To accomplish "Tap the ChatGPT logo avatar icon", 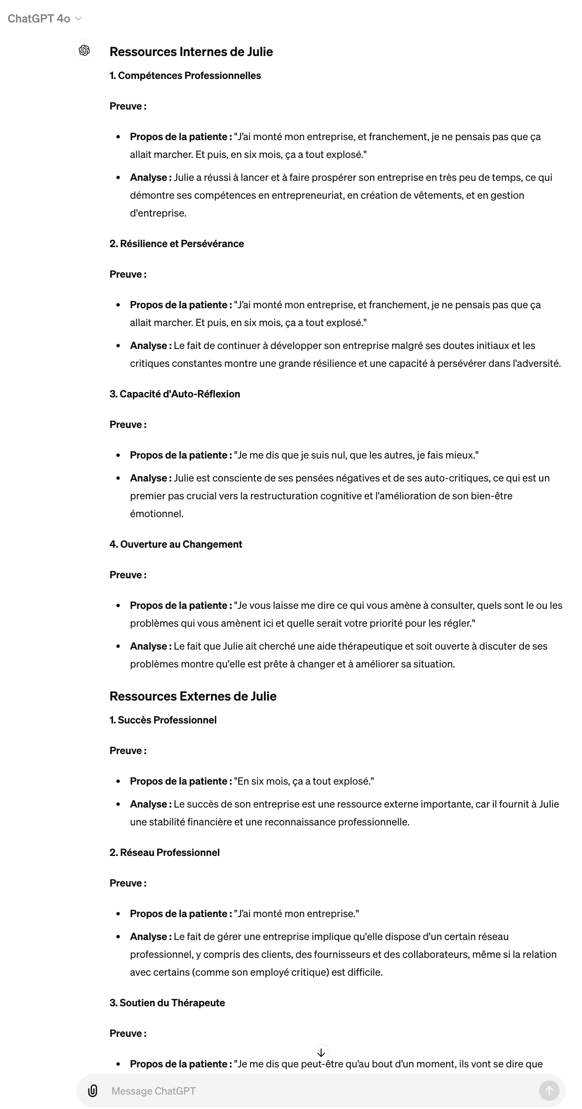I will [x=85, y=51].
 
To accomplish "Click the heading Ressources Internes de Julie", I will [x=191, y=52].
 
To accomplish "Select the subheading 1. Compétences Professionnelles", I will [x=185, y=75].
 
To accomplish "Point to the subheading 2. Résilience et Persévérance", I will [x=177, y=244].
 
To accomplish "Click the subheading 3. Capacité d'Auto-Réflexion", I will [x=175, y=394].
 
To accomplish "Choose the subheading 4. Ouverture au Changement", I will [x=176, y=544].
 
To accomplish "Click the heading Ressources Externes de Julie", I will [x=192, y=696].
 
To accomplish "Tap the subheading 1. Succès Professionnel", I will [x=163, y=720].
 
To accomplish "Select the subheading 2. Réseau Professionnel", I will [x=164, y=853].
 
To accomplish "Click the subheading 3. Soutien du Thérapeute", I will [x=167, y=1003].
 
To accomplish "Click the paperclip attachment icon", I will [x=93, y=1090].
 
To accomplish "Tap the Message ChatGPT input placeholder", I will [x=153, y=1091].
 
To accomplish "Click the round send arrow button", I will [x=549, y=1090].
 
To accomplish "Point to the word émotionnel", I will [x=156, y=514].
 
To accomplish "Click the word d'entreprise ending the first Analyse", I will [x=158, y=213].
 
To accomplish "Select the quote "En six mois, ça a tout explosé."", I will [x=304, y=781].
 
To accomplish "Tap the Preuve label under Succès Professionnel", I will [x=128, y=750].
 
